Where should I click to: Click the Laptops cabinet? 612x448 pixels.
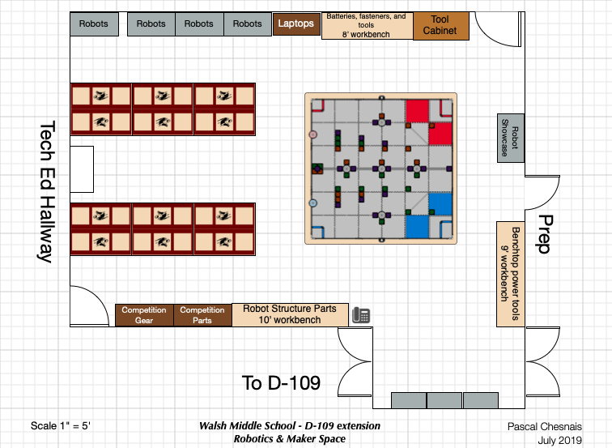[296, 23]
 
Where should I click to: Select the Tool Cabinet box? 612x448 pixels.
[441, 26]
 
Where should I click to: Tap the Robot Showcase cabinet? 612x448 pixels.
[511, 138]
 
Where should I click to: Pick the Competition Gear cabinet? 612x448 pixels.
[144, 315]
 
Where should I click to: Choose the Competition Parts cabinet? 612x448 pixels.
[202, 315]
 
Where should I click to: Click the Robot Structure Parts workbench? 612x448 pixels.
[290, 314]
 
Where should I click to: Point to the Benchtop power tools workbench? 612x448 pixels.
[511, 274]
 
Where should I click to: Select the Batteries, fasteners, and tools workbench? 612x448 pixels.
[367, 26]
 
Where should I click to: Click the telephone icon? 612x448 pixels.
[361, 315]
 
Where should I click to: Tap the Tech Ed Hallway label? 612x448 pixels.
[47, 191]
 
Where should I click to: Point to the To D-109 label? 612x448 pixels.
[281, 382]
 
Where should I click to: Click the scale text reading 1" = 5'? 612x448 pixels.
[75, 426]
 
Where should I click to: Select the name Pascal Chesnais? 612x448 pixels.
[545, 426]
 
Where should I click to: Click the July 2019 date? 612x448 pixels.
[559, 441]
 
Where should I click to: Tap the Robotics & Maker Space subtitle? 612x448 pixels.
[290, 439]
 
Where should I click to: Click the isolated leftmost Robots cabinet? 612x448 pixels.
[94, 24]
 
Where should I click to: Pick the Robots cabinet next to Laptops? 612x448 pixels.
[248, 24]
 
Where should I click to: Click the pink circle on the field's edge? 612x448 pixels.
[312, 134]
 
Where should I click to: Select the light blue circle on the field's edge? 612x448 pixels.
[312, 203]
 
